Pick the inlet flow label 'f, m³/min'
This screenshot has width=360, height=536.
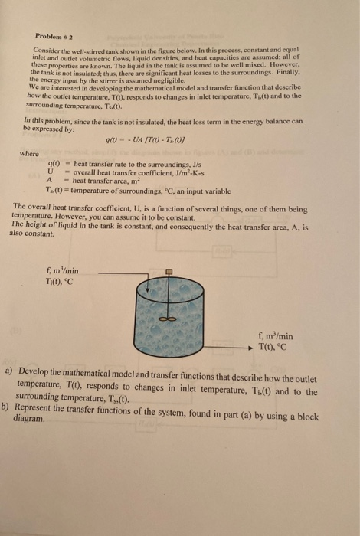point(63,269)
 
